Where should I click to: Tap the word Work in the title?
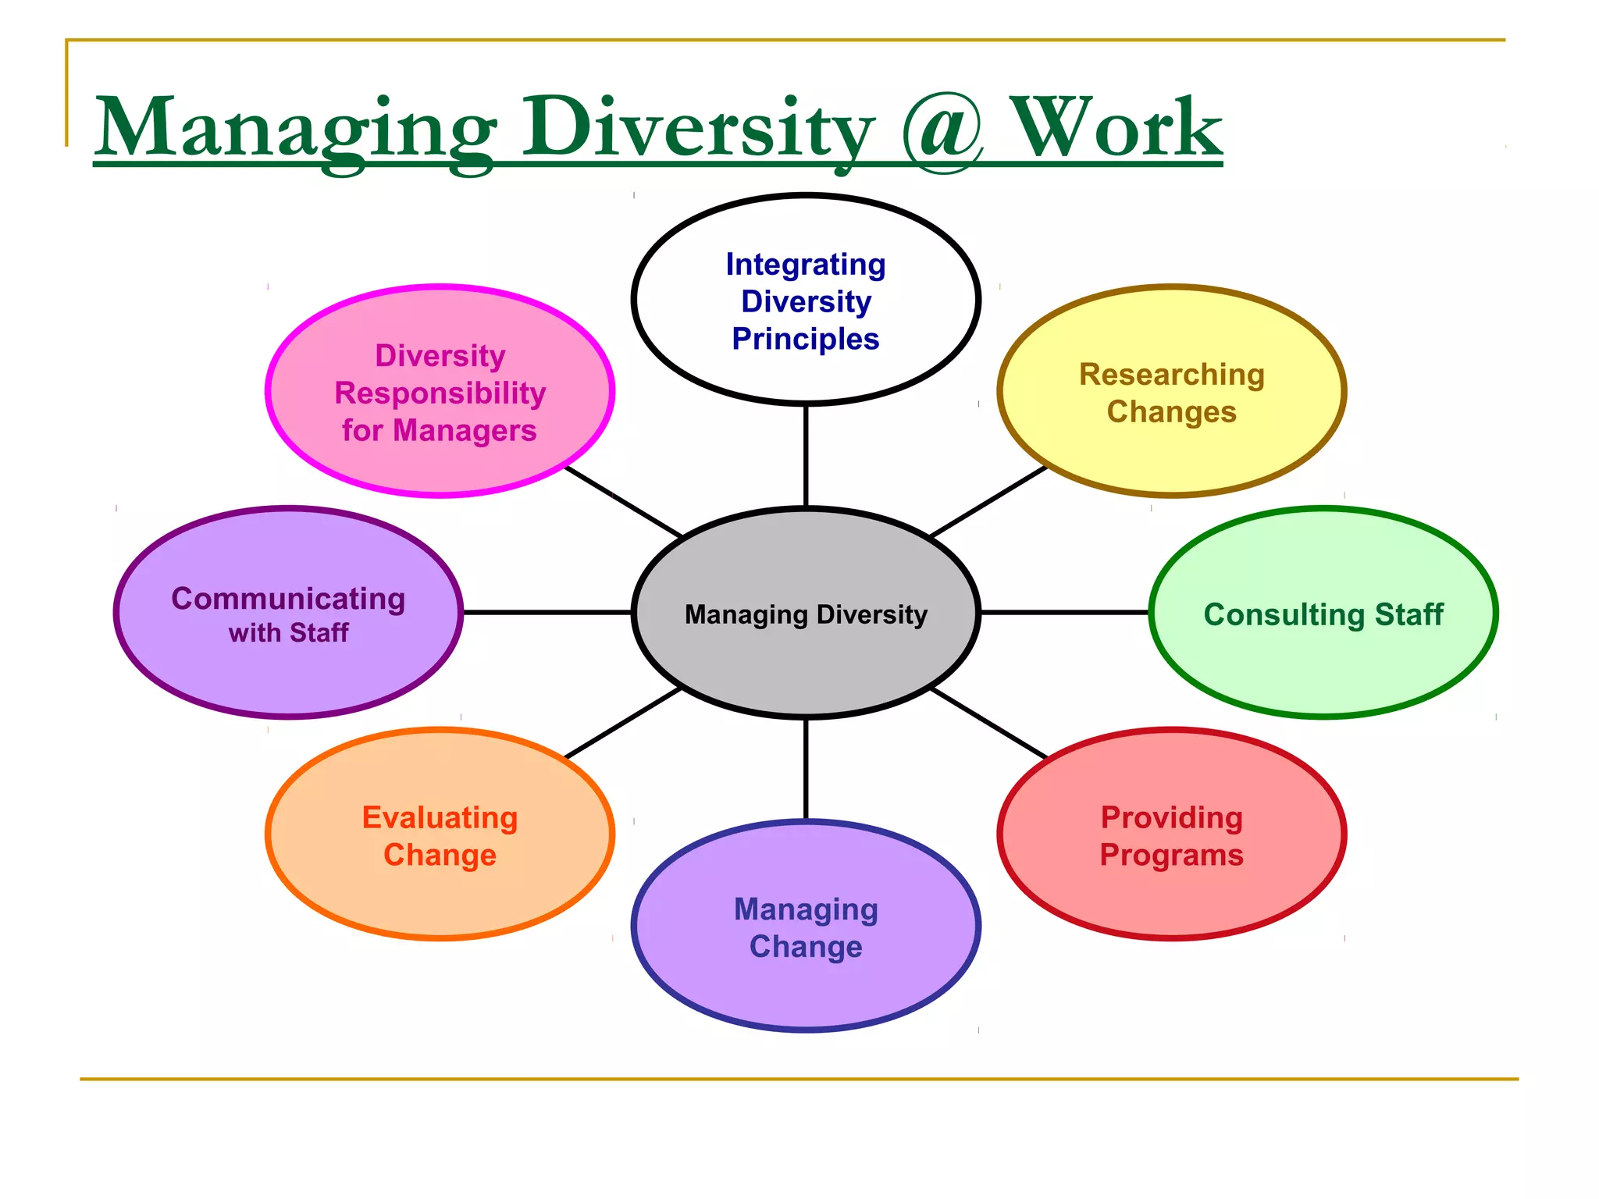click(x=1116, y=127)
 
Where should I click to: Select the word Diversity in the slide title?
click(x=697, y=127)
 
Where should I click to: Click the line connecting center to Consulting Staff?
click(x=1064, y=613)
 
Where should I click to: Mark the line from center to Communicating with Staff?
click(x=547, y=613)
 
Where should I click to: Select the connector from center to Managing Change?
click(x=806, y=769)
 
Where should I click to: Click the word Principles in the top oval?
click(x=806, y=340)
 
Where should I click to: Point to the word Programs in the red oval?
click(x=1171, y=856)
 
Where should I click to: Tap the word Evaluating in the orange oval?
click(x=440, y=818)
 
